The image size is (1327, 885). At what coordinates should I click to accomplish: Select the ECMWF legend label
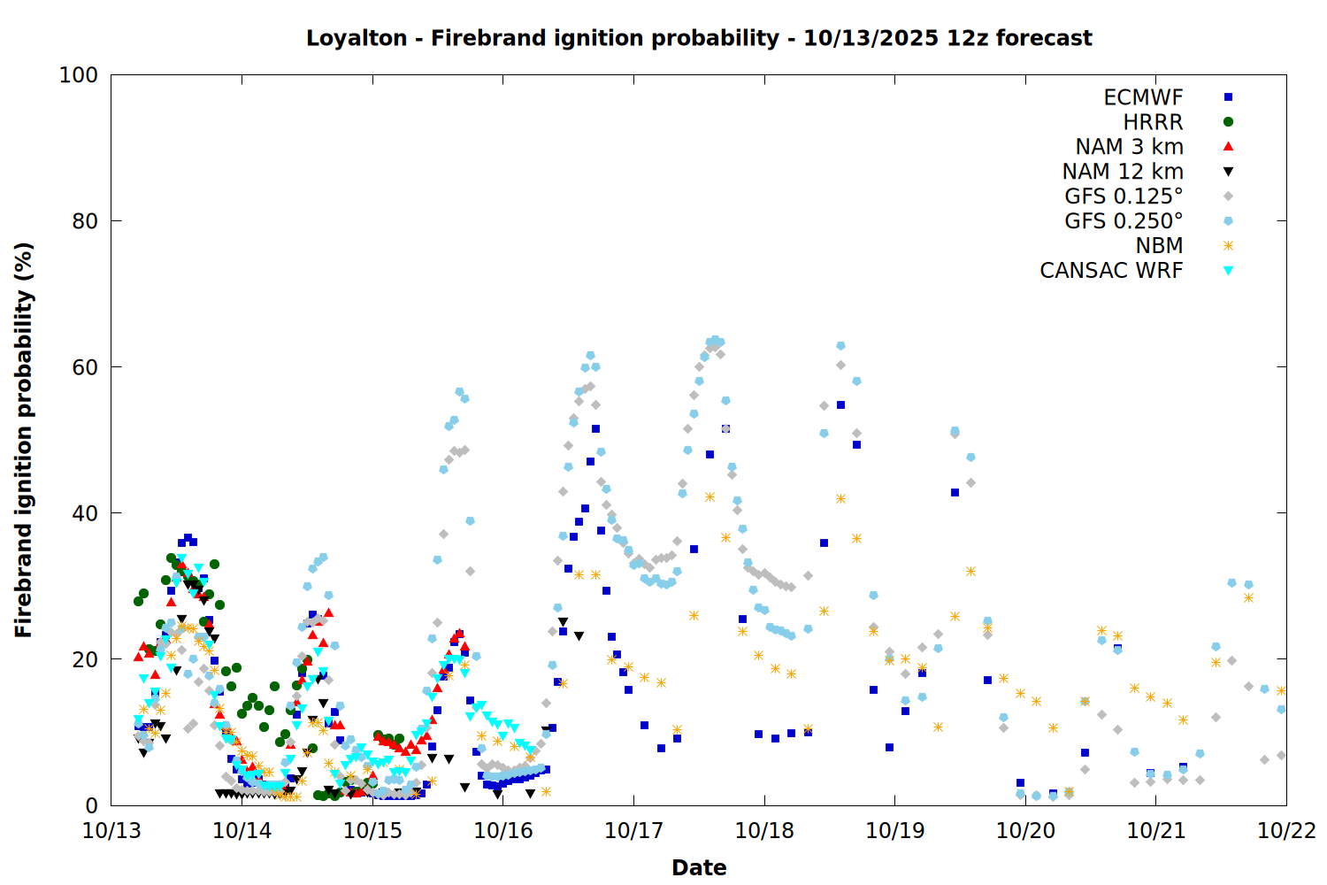click(x=1143, y=97)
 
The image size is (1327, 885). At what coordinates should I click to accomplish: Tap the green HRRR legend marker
click(x=1228, y=122)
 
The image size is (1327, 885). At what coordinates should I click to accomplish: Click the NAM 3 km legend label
click(x=1129, y=147)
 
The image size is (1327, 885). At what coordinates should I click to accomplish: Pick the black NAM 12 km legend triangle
click(x=1228, y=172)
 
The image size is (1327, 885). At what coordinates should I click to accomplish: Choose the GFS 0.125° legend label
click(x=1124, y=196)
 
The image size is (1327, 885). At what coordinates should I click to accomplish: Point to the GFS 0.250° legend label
click(x=1124, y=221)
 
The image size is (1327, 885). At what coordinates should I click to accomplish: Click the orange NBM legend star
click(x=1228, y=246)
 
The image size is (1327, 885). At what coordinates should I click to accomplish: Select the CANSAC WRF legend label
click(x=1111, y=271)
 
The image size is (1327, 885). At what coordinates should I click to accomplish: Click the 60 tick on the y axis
click(x=84, y=367)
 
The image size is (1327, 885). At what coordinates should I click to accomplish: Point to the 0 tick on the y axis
click(x=91, y=805)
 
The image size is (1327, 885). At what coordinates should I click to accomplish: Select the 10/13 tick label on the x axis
click(x=111, y=830)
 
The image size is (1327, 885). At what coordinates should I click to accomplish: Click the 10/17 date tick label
click(x=633, y=830)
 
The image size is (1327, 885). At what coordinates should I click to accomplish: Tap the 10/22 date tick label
click(x=1286, y=830)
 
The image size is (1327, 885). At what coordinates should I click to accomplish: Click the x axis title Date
click(x=699, y=867)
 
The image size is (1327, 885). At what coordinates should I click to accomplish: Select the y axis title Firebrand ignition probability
click(x=24, y=440)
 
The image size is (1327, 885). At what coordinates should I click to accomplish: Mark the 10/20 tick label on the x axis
click(x=1025, y=830)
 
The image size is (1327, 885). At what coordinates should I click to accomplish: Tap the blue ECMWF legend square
click(x=1228, y=97)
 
